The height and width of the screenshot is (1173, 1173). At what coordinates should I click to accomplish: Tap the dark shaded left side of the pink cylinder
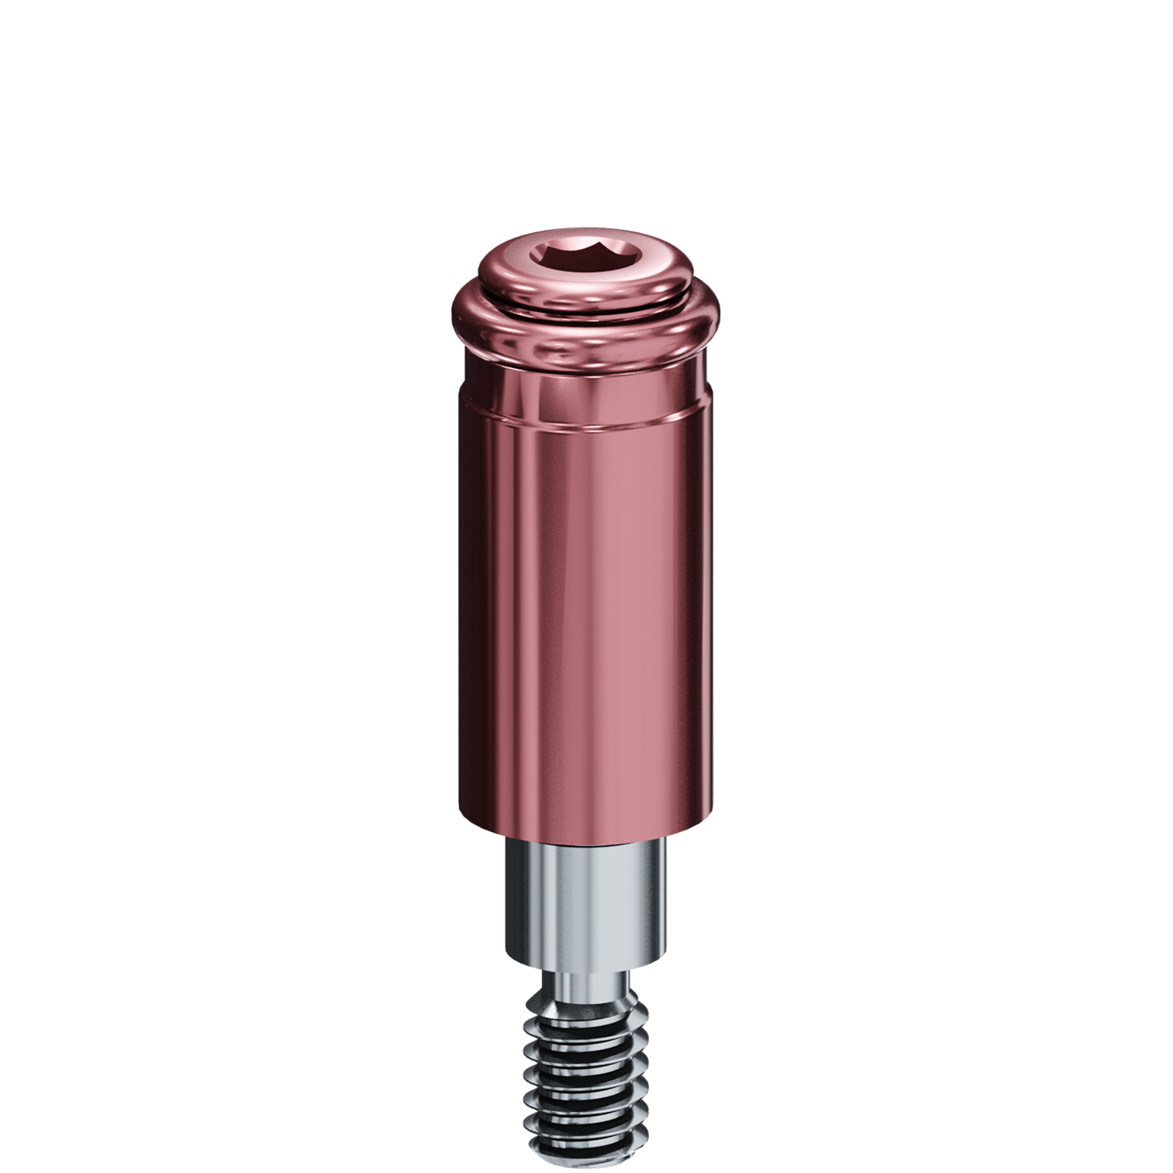coord(477,626)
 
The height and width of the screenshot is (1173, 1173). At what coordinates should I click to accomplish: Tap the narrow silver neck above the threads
coord(583,981)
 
